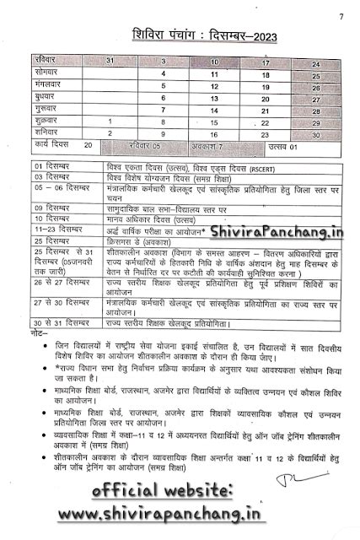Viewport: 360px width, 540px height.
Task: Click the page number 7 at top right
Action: click(341, 16)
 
